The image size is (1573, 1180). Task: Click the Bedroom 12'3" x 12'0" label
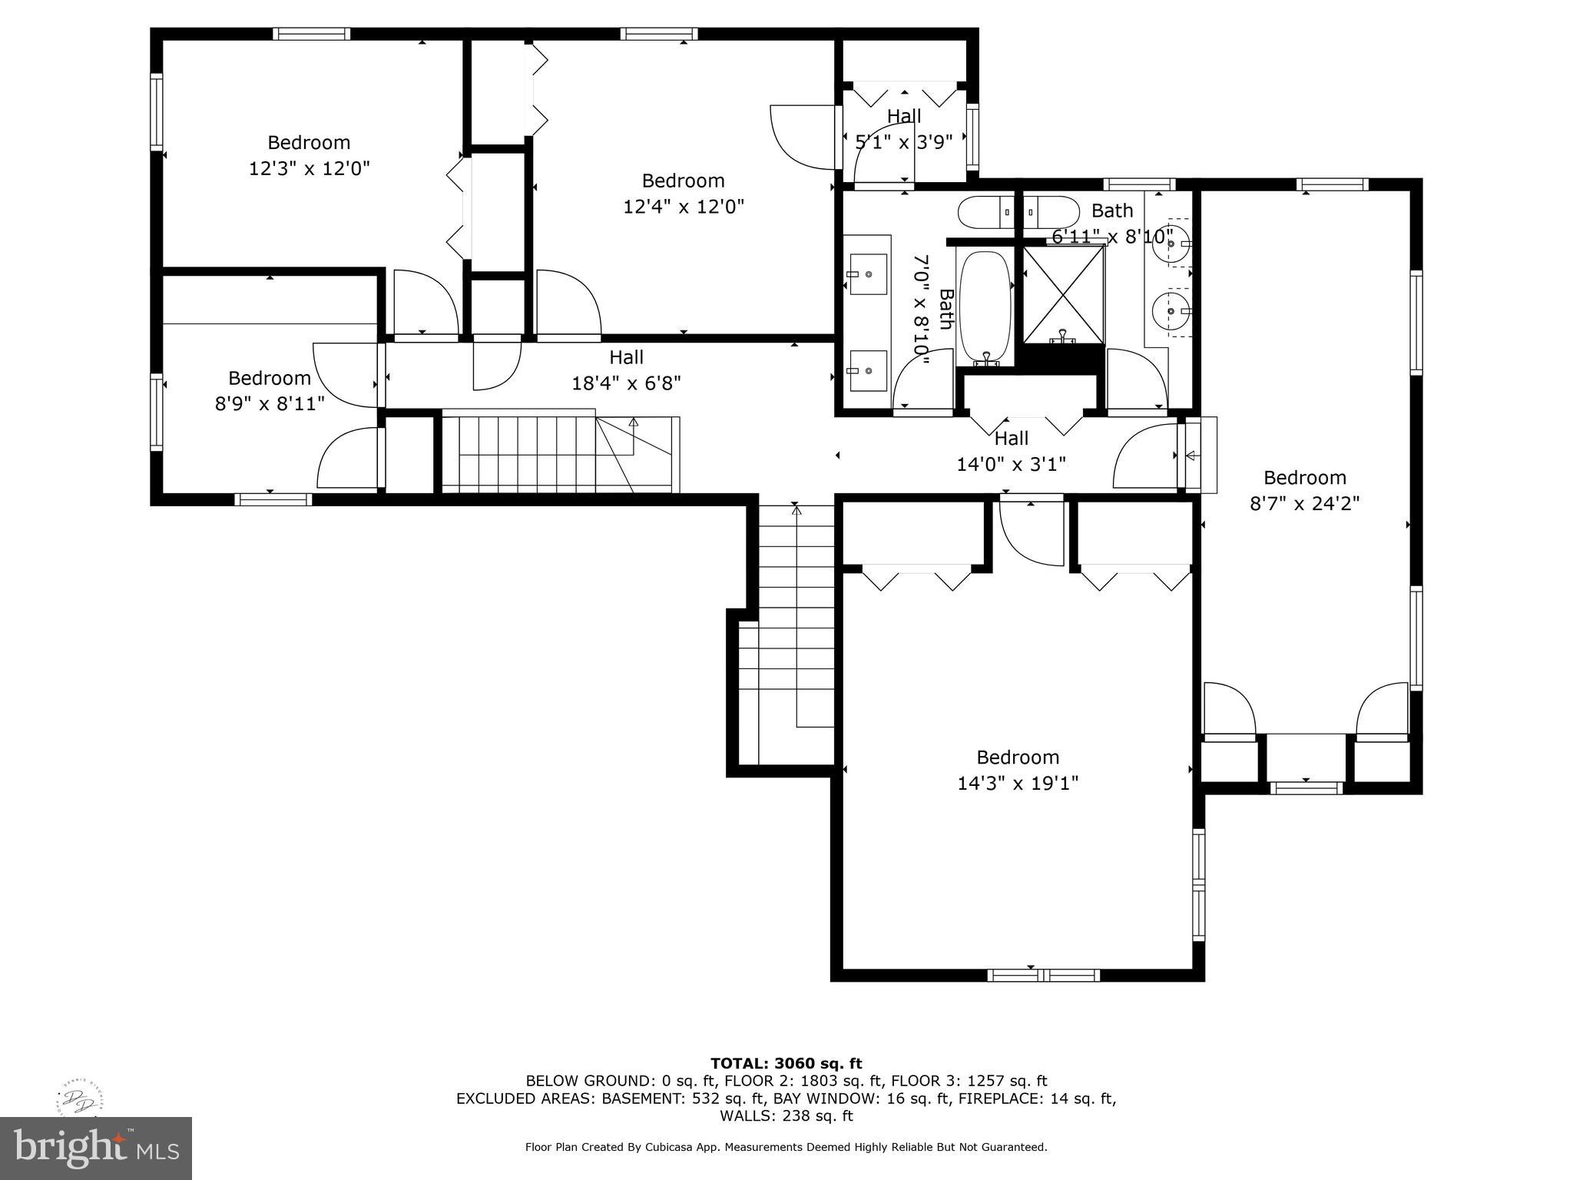tap(309, 155)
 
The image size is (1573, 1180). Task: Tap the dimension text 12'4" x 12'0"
tap(683, 207)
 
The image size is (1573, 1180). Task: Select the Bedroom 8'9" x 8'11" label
tap(270, 390)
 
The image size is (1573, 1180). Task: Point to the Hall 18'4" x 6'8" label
tap(626, 370)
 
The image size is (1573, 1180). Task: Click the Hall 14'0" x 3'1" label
tap(1011, 451)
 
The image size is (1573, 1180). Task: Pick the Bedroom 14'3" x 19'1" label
tap(1018, 770)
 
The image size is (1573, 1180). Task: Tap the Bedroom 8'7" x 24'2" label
tap(1304, 490)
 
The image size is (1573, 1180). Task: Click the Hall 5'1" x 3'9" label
tap(904, 128)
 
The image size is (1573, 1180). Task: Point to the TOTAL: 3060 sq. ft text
tap(786, 1063)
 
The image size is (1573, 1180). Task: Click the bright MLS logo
tap(95, 1148)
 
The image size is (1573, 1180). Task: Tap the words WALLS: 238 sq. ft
tap(786, 1115)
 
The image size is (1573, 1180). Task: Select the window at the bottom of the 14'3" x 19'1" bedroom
tap(1043, 976)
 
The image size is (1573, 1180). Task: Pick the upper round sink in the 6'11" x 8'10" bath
tap(1171, 245)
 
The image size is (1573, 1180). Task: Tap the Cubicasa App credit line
tap(786, 1147)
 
